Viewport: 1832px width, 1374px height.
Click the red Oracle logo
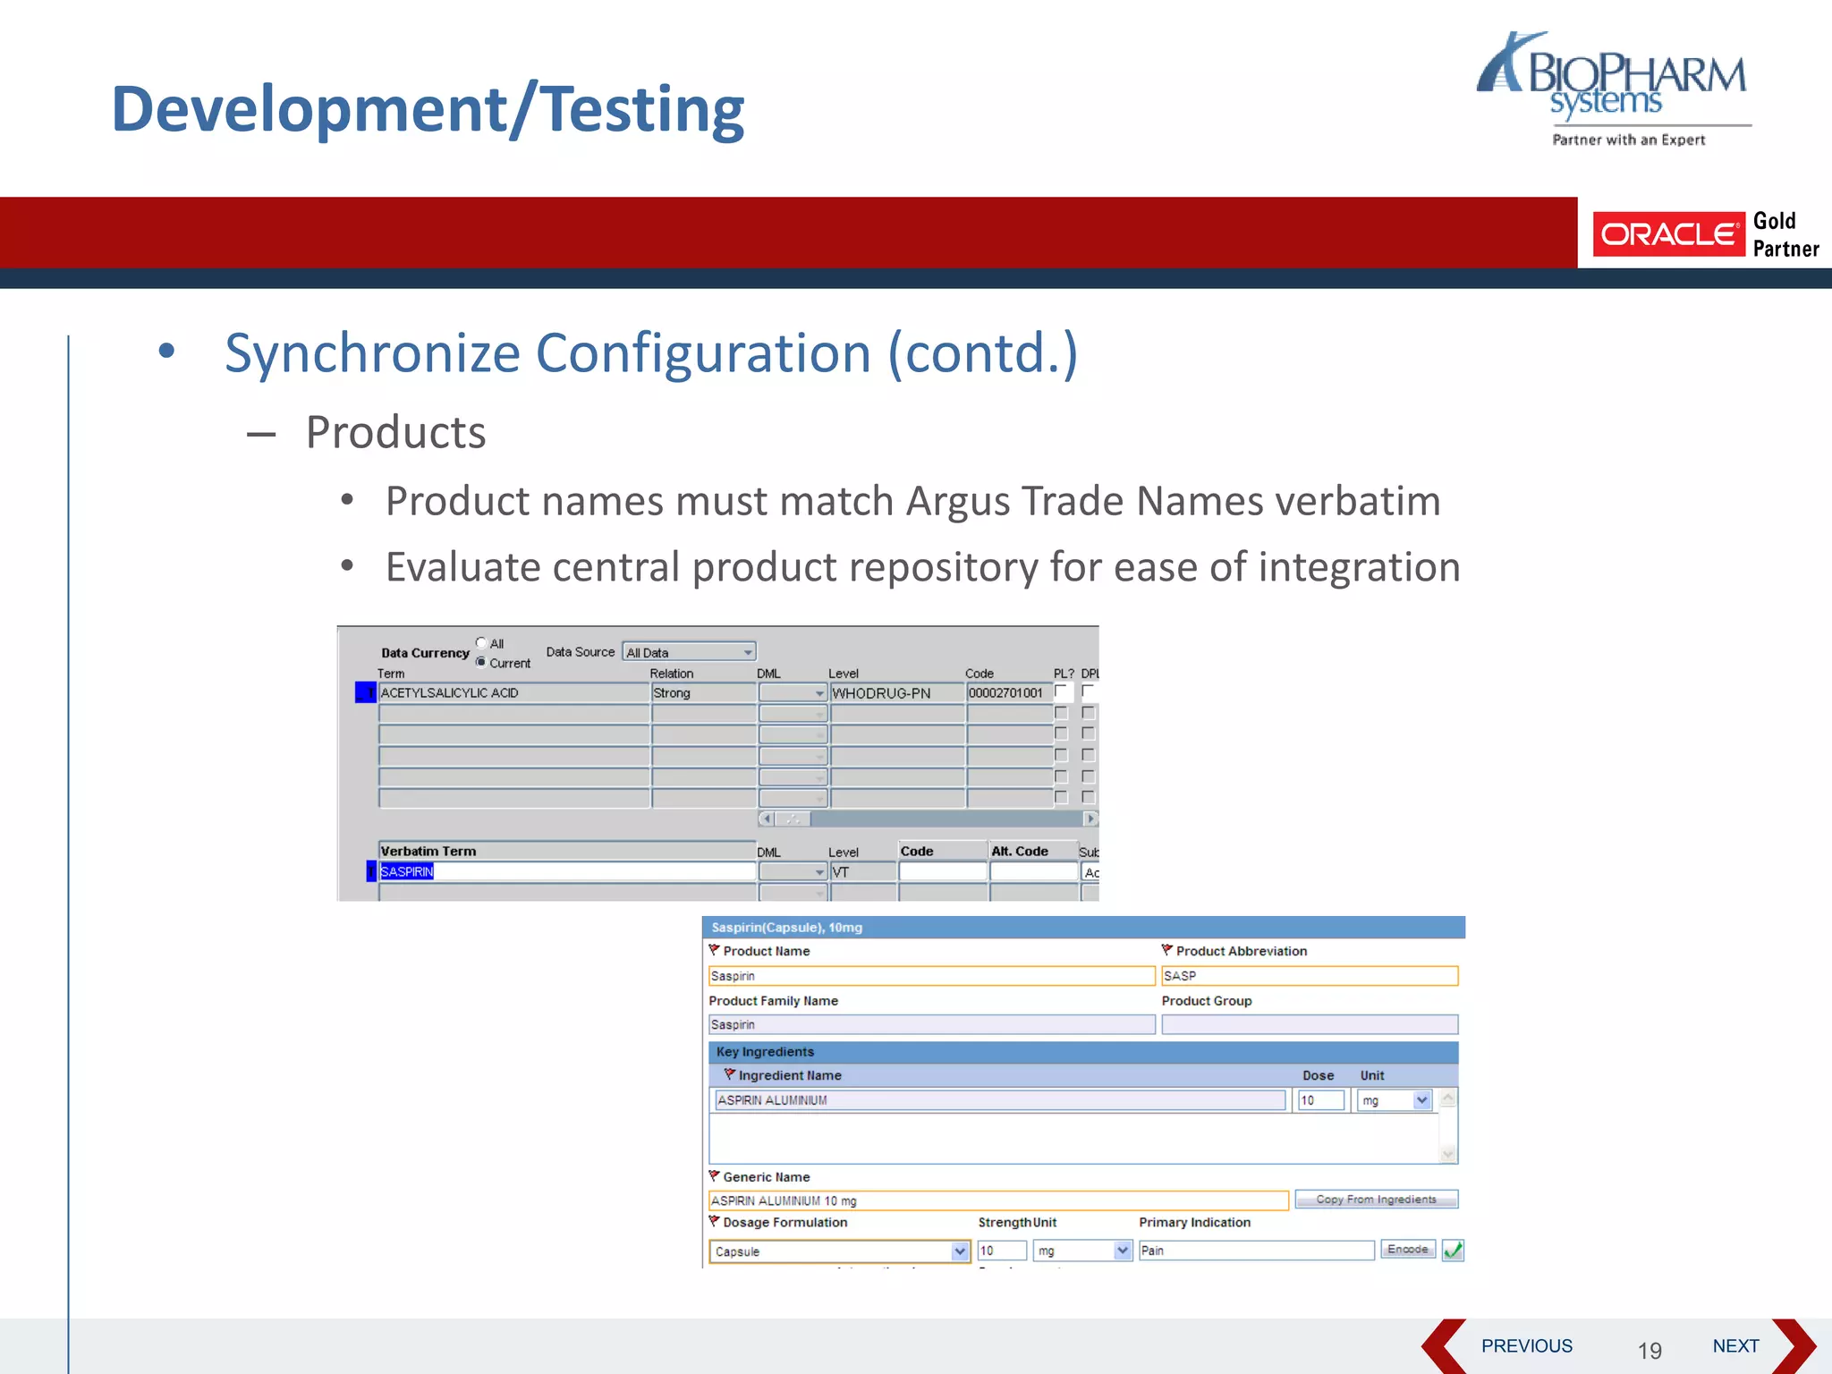(x=1667, y=234)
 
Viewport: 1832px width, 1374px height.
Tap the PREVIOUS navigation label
(x=1526, y=1345)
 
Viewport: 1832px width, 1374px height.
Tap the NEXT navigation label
(x=1734, y=1345)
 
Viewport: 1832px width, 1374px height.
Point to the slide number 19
(x=1649, y=1350)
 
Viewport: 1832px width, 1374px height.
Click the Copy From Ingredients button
(x=1376, y=1200)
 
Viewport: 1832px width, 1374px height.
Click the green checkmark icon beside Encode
(x=1453, y=1251)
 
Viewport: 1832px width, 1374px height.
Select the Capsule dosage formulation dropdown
(x=838, y=1251)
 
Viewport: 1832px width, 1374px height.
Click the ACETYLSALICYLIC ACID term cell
(x=513, y=693)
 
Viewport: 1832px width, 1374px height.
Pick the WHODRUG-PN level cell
(x=896, y=693)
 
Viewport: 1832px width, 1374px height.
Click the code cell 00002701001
(x=1007, y=693)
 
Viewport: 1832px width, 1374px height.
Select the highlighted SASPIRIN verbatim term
(x=407, y=872)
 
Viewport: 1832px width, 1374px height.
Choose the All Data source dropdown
(x=689, y=653)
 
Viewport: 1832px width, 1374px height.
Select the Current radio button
(x=481, y=663)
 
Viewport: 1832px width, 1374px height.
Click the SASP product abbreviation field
(x=1309, y=976)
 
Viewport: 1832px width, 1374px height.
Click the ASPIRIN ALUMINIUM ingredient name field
(x=999, y=1100)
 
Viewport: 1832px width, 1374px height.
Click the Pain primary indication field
(x=1255, y=1251)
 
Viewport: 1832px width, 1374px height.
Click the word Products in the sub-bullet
(x=395, y=433)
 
